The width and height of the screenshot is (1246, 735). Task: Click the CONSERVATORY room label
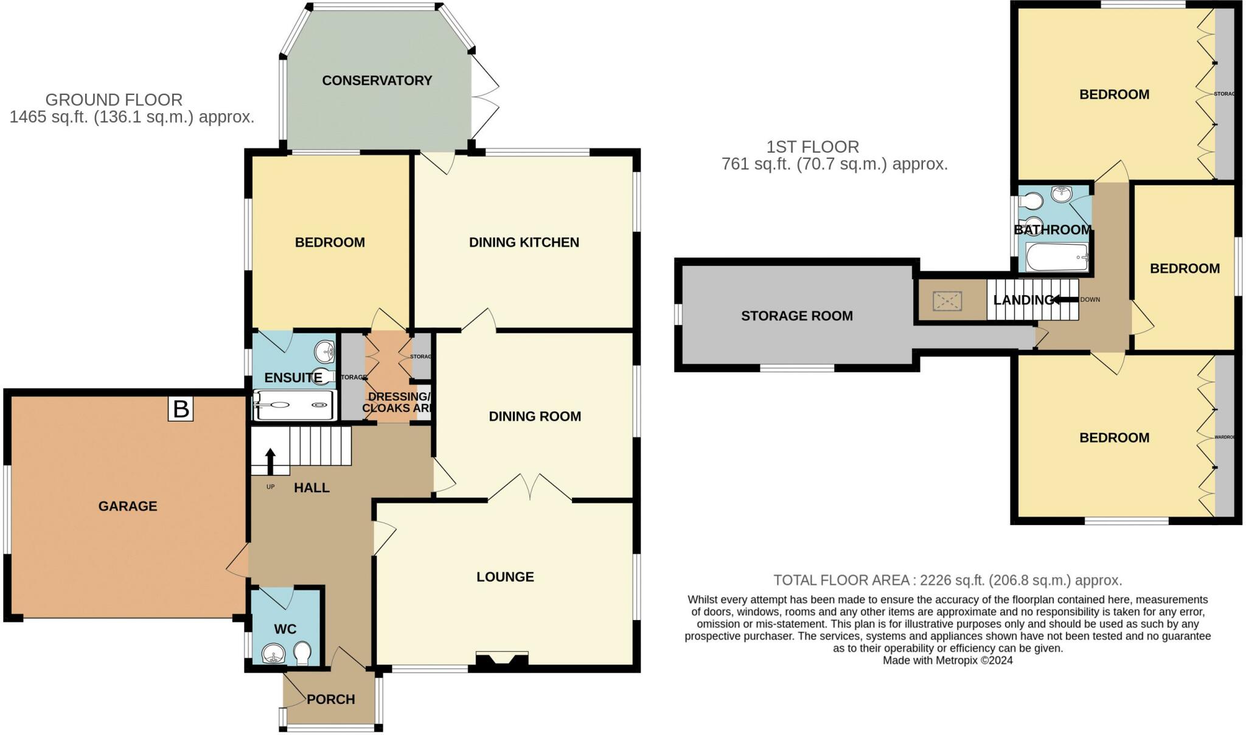377,80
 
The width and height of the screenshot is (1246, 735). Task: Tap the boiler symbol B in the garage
181,409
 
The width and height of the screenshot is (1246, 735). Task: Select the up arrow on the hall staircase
270,461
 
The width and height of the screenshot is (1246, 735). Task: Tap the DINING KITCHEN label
524,242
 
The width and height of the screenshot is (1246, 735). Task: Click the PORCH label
330,699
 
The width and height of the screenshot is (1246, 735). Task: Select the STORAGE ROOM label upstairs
796,316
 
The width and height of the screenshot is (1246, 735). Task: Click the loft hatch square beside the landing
947,301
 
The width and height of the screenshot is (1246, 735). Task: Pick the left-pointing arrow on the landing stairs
1065,299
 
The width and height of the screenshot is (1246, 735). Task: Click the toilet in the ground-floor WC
302,655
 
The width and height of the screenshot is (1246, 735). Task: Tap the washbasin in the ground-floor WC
274,655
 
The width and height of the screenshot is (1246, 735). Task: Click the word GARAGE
128,506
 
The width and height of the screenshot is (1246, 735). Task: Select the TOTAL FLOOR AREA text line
947,580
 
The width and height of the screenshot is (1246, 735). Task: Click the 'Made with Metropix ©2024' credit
947,660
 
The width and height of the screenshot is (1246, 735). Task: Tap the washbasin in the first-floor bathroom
1062,195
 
